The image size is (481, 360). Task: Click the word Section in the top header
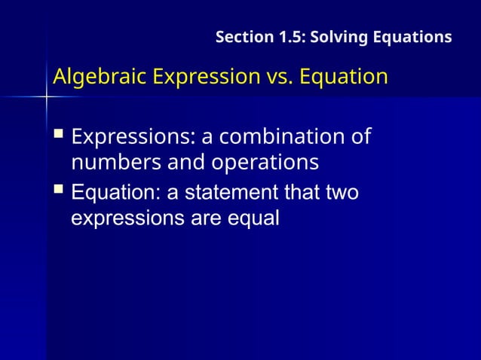pos(240,37)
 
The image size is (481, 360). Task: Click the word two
pos(342,194)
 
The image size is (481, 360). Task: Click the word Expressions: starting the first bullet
pos(129,139)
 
